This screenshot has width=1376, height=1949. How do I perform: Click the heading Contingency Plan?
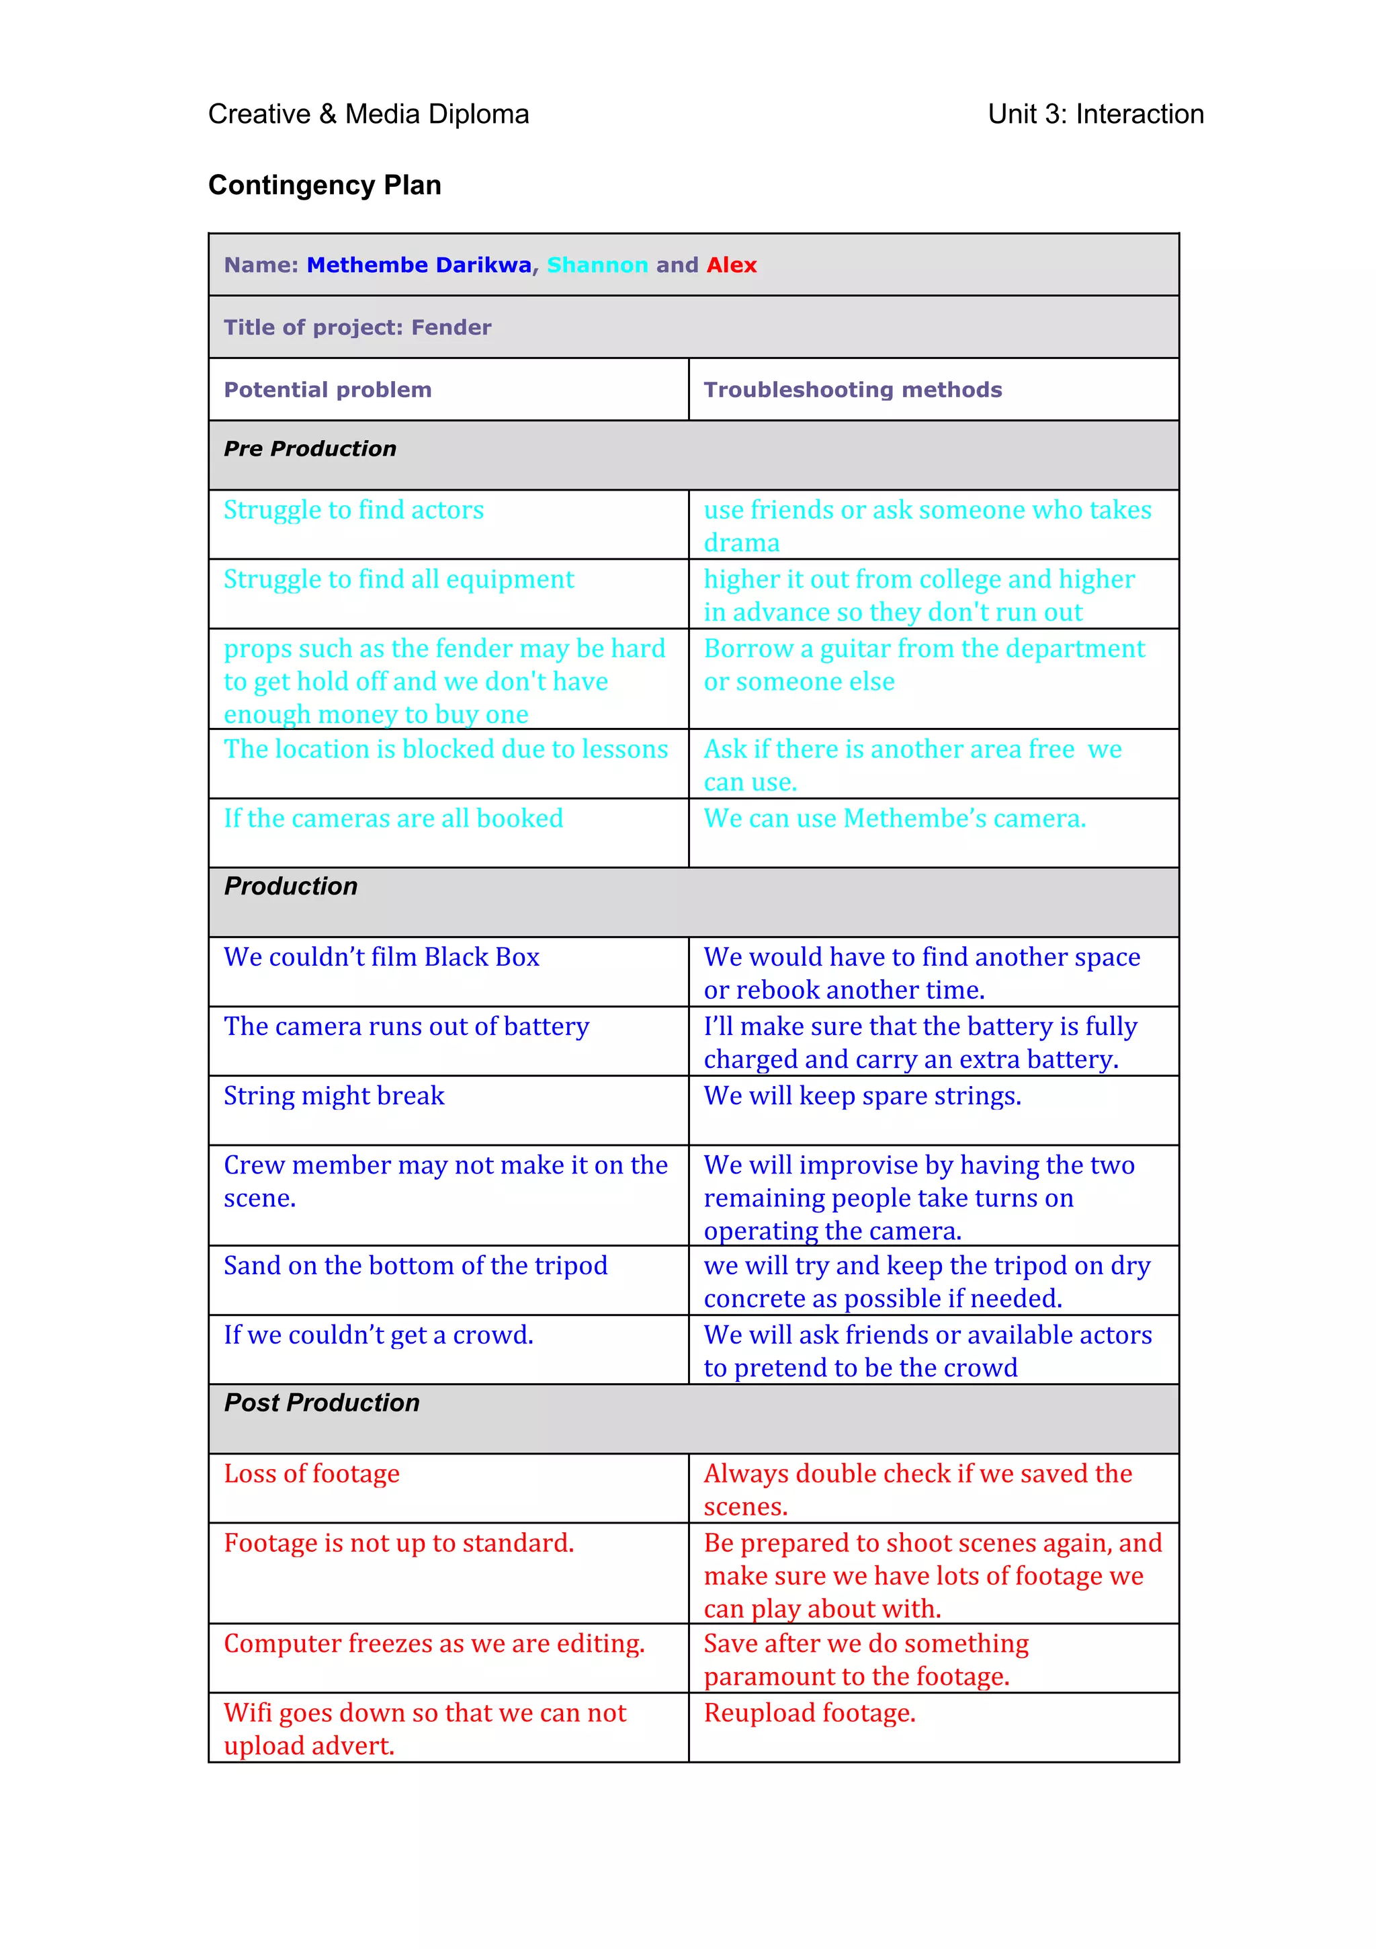click(x=325, y=185)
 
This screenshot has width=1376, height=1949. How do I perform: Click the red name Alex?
click(x=731, y=265)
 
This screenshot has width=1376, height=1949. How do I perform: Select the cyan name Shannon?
click(x=597, y=265)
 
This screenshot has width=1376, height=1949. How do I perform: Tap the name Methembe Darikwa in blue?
click(x=419, y=265)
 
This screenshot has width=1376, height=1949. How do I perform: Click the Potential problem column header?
click(x=328, y=390)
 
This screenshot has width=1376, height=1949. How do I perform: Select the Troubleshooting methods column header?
click(x=852, y=390)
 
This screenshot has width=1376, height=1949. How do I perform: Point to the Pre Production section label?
click(x=310, y=448)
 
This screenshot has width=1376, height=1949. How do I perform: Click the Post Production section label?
click(x=322, y=1403)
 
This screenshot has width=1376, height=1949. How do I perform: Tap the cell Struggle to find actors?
click(x=353, y=510)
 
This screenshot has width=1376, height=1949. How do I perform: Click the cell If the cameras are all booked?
click(x=393, y=819)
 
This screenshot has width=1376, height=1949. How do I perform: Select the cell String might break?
click(x=334, y=1096)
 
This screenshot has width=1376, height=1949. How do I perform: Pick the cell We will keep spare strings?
click(x=861, y=1096)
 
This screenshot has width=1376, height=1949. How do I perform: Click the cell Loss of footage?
click(x=312, y=1474)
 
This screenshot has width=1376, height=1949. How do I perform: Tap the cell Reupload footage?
click(x=809, y=1713)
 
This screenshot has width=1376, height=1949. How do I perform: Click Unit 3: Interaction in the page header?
click(x=1095, y=114)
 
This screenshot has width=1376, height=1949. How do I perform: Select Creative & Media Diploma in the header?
click(x=368, y=114)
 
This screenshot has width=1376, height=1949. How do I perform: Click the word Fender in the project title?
click(x=451, y=328)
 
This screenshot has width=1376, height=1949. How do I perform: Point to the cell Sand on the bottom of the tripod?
click(x=415, y=1266)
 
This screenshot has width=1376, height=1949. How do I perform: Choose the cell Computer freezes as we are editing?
click(x=434, y=1643)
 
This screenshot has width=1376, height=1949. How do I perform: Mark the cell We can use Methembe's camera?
click(x=894, y=819)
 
